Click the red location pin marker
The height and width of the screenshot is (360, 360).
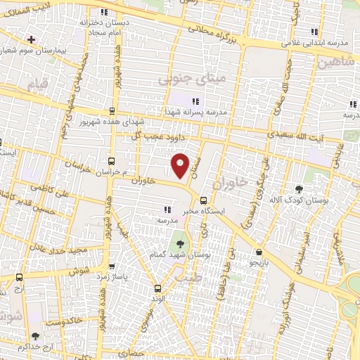click(x=181, y=166)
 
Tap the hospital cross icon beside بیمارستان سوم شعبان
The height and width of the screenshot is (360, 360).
click(x=30, y=39)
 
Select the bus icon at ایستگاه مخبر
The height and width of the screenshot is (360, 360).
click(x=204, y=199)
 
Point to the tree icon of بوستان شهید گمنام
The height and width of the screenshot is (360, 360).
click(x=181, y=243)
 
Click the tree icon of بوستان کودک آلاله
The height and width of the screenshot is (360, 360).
click(x=300, y=188)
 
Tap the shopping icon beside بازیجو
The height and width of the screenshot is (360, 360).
click(x=259, y=251)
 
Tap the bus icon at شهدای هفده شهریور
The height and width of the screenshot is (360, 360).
click(x=112, y=111)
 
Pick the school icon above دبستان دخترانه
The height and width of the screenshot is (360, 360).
click(x=104, y=12)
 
